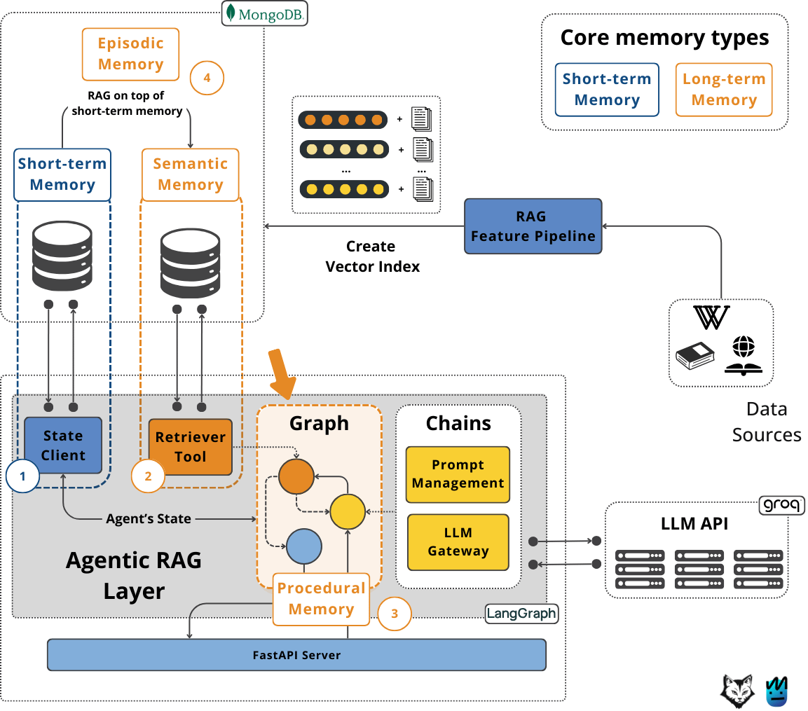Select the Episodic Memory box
point(130,54)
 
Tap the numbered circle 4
point(207,78)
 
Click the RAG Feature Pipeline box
point(533,226)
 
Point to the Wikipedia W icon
point(711,318)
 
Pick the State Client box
point(63,446)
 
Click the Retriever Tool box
point(190,447)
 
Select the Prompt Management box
point(458,474)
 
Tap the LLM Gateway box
point(458,541)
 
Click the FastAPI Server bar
point(296,656)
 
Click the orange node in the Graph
point(296,477)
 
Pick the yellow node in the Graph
point(348,511)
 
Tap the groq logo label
point(781,505)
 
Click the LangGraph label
point(522,614)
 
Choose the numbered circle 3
point(395,614)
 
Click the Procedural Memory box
point(321,599)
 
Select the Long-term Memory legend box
point(723,90)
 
